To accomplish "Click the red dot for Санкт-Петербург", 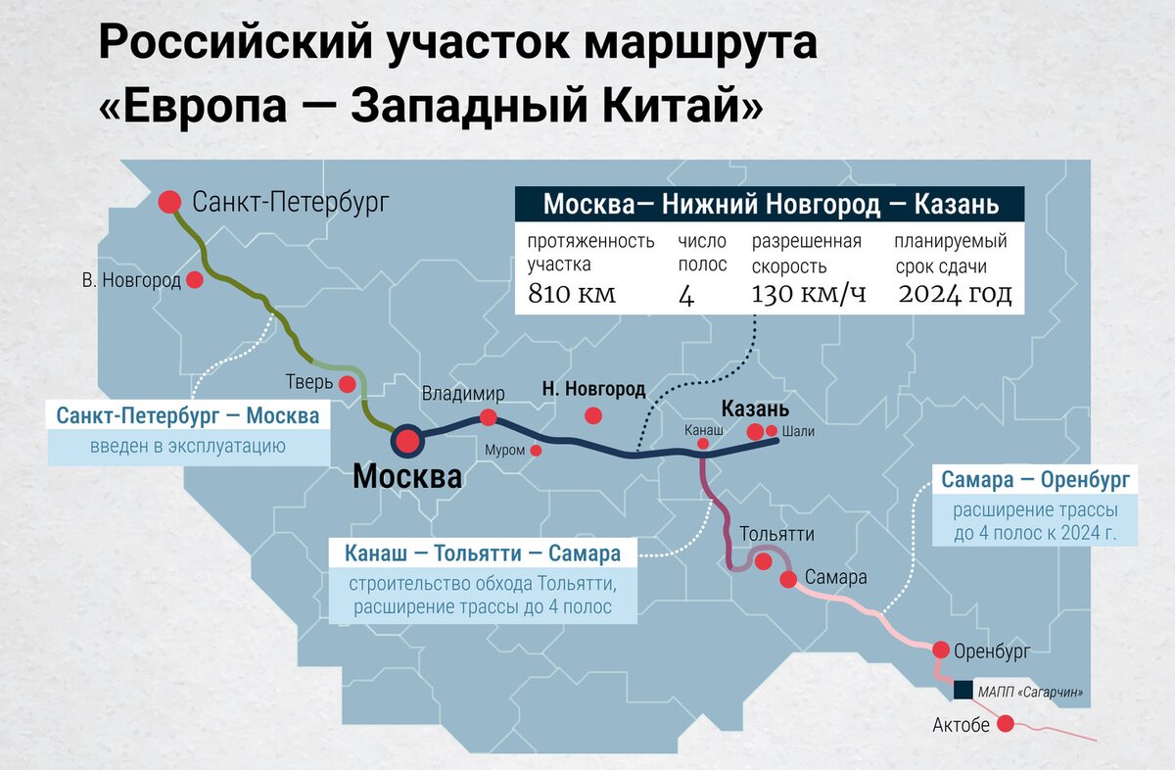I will (170, 202).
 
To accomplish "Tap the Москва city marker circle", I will (406, 442).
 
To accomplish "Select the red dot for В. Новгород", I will (195, 280).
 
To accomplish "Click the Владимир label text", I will (463, 394).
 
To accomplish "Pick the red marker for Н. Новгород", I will (592, 415).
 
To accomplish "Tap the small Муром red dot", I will (536, 451).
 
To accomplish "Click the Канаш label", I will (704, 430).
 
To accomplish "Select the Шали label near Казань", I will (798, 431).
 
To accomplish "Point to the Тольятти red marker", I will (763, 561).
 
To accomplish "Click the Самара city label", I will (835, 578).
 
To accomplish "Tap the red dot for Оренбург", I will (940, 650).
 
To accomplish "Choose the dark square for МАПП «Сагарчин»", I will (963, 691).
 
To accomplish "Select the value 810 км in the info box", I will (572, 294).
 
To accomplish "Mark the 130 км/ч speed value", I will (808, 294).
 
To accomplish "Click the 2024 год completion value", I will (955, 294).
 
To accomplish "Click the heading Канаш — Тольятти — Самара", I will (483, 553).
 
